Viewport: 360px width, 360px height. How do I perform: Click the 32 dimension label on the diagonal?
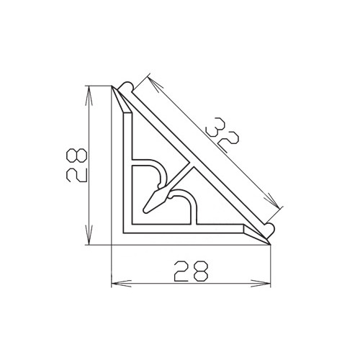click(222, 134)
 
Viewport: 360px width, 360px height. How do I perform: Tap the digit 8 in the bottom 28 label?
click(200, 271)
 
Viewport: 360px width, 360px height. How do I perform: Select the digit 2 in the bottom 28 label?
click(182, 271)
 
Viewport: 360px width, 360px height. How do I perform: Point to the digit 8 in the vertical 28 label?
click(76, 156)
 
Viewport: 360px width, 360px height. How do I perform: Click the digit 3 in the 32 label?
click(216, 127)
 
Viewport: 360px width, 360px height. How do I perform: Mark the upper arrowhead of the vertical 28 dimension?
click(89, 96)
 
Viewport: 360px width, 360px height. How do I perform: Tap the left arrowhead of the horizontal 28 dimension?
click(122, 284)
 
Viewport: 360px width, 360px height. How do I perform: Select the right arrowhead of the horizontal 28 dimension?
click(261, 284)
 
